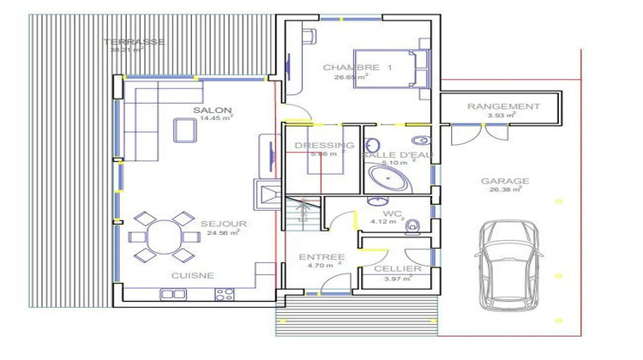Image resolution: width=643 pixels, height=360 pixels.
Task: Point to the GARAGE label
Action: pyautogui.click(x=504, y=181)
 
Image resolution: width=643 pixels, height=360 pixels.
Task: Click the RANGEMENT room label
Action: pyautogui.click(x=503, y=106)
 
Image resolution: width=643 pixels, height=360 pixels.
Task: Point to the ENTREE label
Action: pyautogui.click(x=321, y=257)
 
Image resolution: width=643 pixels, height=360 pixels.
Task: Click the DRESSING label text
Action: pyautogui.click(x=318, y=146)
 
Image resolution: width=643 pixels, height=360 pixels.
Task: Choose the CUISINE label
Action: pyautogui.click(x=192, y=275)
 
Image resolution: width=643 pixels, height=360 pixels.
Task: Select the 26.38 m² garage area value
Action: pyautogui.click(x=504, y=191)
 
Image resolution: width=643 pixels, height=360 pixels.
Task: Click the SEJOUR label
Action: pyautogui.click(x=224, y=224)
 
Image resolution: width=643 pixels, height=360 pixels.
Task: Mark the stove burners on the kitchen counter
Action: pyautogui.click(x=225, y=294)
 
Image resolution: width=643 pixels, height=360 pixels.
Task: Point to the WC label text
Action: pyautogui.click(x=394, y=213)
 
